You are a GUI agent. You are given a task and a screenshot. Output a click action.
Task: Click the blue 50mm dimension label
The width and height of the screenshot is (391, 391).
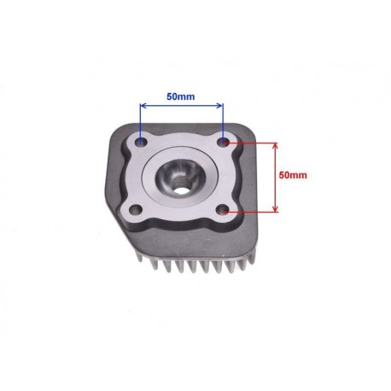point(181,96)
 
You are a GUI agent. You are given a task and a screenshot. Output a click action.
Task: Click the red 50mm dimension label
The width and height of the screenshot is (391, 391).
point(293,175)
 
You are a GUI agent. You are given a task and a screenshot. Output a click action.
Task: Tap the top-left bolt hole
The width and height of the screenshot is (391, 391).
point(142,142)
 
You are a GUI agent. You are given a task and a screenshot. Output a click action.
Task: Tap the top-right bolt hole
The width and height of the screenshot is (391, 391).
point(224,142)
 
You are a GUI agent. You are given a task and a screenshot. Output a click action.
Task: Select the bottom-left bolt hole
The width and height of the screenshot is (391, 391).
point(136,210)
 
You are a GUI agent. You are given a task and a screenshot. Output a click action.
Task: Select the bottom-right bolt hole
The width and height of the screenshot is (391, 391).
point(223,211)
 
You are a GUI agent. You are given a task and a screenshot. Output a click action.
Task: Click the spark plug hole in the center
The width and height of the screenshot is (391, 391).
point(180,190)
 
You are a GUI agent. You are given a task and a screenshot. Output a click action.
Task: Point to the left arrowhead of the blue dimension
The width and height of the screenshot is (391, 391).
point(143,106)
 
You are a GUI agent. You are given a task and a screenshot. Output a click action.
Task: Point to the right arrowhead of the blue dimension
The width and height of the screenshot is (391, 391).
point(219,106)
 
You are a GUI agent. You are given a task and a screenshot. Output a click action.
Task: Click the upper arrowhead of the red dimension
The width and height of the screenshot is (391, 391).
point(275,146)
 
